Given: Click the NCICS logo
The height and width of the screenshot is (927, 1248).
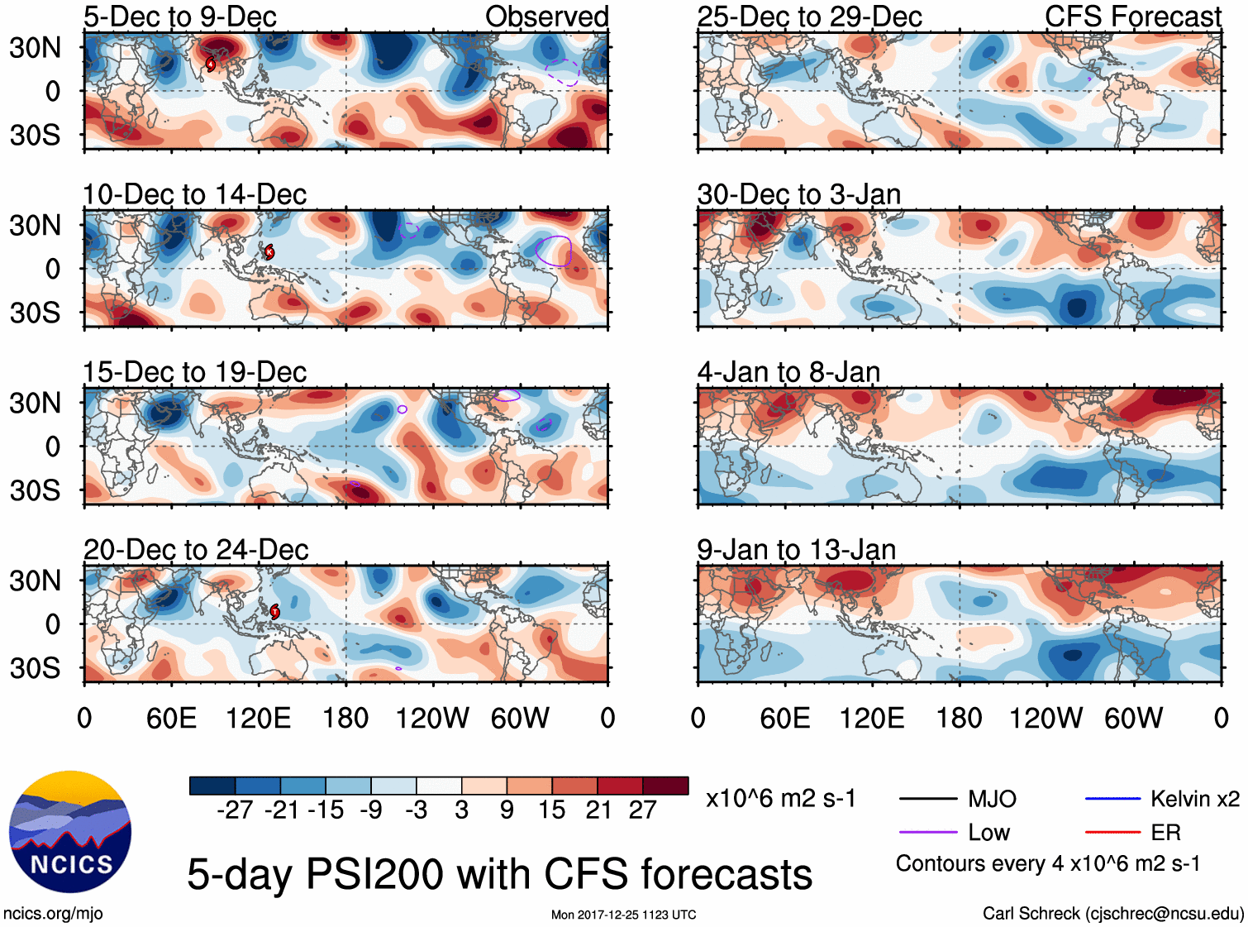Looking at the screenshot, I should [69, 831].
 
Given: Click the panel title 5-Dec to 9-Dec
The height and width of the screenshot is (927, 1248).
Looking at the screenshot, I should [179, 17].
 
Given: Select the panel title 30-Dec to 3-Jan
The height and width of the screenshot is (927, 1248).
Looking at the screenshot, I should [798, 194].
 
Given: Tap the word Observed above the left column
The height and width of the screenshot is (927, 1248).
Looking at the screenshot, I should [546, 17].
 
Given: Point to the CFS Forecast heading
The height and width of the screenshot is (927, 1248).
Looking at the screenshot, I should [1132, 17].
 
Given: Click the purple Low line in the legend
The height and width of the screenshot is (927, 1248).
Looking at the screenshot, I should [927, 833].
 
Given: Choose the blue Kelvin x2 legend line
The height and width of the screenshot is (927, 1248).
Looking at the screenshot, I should [1112, 799].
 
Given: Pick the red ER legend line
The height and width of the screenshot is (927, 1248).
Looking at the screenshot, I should [1112, 833].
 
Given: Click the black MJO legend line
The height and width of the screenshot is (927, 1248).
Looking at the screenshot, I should [927, 799].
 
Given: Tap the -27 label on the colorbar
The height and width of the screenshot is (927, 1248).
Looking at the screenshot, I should [235, 810].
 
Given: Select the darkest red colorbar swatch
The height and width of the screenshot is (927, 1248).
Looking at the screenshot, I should [665, 786].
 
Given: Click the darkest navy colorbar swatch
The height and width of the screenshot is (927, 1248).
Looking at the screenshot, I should [212, 786].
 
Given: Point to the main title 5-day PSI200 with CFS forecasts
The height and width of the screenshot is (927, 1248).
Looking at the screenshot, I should [499, 874].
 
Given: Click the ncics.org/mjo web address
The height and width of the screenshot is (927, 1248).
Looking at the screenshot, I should [53, 914].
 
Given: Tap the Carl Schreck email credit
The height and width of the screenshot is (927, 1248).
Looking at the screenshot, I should [1112, 914].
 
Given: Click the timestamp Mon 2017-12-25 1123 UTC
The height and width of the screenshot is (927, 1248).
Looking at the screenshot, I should [623, 915].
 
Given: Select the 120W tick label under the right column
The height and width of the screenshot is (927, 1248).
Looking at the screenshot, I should [1046, 718].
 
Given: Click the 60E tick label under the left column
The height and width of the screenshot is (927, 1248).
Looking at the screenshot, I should [171, 718].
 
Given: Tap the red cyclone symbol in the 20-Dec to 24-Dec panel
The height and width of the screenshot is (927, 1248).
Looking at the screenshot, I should [274, 612].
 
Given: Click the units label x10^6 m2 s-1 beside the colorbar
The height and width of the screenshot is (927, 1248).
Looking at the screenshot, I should [780, 799].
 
